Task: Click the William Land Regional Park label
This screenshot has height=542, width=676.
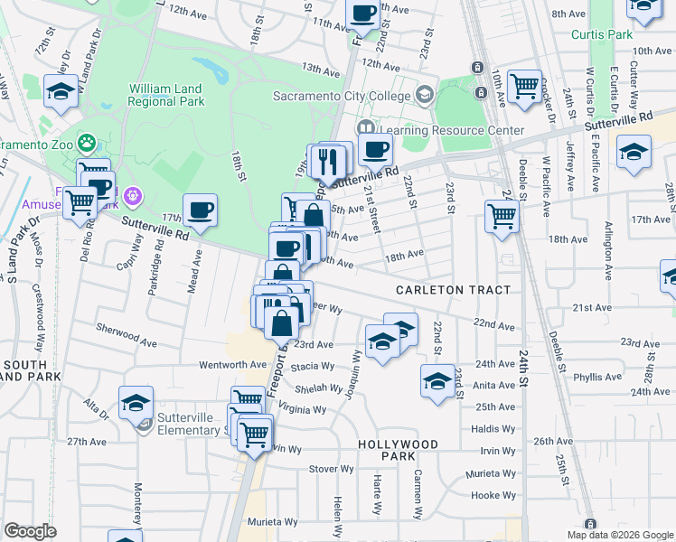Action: (166, 95)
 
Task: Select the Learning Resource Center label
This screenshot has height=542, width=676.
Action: (452, 130)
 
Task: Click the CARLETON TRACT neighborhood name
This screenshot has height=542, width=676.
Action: (452, 289)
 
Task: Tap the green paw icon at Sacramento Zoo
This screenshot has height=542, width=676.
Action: (87, 142)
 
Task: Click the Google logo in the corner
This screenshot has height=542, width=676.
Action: (30, 531)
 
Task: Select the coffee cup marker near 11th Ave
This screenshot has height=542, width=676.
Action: (363, 14)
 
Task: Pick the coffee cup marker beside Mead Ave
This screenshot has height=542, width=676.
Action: (201, 211)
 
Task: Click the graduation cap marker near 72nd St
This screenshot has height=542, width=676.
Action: (61, 91)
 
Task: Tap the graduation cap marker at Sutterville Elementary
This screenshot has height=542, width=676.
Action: (136, 403)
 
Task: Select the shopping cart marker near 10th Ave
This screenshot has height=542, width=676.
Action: (524, 87)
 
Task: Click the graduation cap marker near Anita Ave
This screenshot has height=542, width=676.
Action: (437, 380)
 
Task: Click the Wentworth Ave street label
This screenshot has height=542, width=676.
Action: (233, 365)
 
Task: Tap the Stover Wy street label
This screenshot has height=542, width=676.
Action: (331, 469)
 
